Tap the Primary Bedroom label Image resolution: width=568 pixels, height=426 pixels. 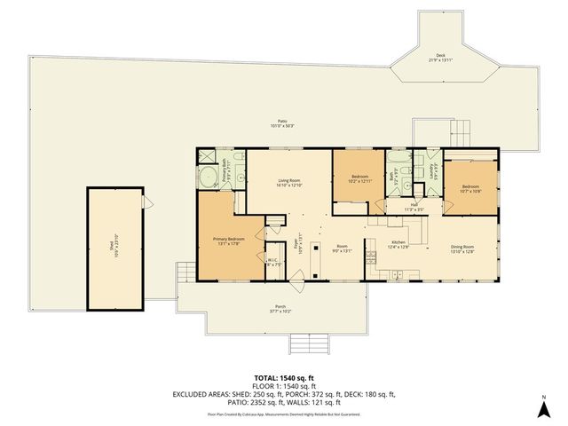tap(228, 241)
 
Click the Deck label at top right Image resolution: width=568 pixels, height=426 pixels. tap(440, 58)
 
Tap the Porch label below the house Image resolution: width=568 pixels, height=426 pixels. tap(280, 310)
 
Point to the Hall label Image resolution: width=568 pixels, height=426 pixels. tap(414, 206)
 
